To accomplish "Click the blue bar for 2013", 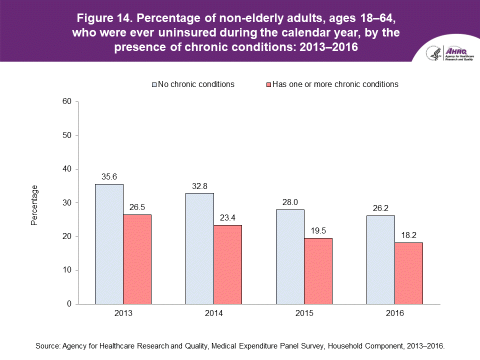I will tap(109, 244).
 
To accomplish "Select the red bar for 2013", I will tap(137, 259).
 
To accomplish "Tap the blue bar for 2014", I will tap(199, 248).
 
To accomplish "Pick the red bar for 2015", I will tap(318, 271).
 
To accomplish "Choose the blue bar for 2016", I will tap(380, 259).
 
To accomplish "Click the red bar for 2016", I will tap(408, 273).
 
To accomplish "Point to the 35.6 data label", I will tap(109, 177).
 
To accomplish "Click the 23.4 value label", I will tap(227, 218).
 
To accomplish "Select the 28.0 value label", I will tap(290, 202).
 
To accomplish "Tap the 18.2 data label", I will tap(408, 235).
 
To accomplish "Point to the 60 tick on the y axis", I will tap(67, 101).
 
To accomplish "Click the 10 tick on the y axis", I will tap(67, 270).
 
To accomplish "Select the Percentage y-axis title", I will tap(34, 205).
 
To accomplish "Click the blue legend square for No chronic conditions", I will tap(154, 84).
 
